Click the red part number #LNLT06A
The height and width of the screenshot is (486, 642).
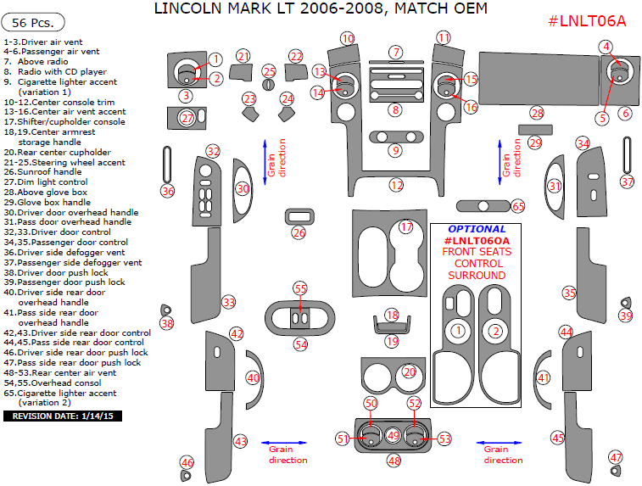[x=587, y=21]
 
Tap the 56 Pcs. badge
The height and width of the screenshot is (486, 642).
[x=33, y=23]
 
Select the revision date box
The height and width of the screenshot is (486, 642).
[x=63, y=416]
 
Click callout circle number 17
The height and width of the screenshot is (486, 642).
[x=406, y=227]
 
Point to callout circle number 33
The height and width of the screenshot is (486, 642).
[x=228, y=302]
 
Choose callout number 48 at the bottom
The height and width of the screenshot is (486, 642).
[x=394, y=461]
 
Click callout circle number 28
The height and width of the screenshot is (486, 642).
[x=536, y=113]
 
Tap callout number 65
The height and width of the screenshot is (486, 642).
[x=517, y=206]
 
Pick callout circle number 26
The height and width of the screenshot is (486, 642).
[x=299, y=232]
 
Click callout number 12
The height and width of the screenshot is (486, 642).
[x=396, y=185]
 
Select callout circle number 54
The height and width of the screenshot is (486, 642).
[x=300, y=344]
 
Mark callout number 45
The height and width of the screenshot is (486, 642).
[x=557, y=438]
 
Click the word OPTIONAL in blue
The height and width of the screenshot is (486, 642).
[x=476, y=229]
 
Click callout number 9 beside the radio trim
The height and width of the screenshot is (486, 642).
[x=395, y=151]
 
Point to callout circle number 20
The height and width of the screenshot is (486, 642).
[x=410, y=371]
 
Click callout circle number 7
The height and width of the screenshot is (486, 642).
[x=395, y=53]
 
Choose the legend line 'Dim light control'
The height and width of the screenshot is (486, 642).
[x=54, y=182]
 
